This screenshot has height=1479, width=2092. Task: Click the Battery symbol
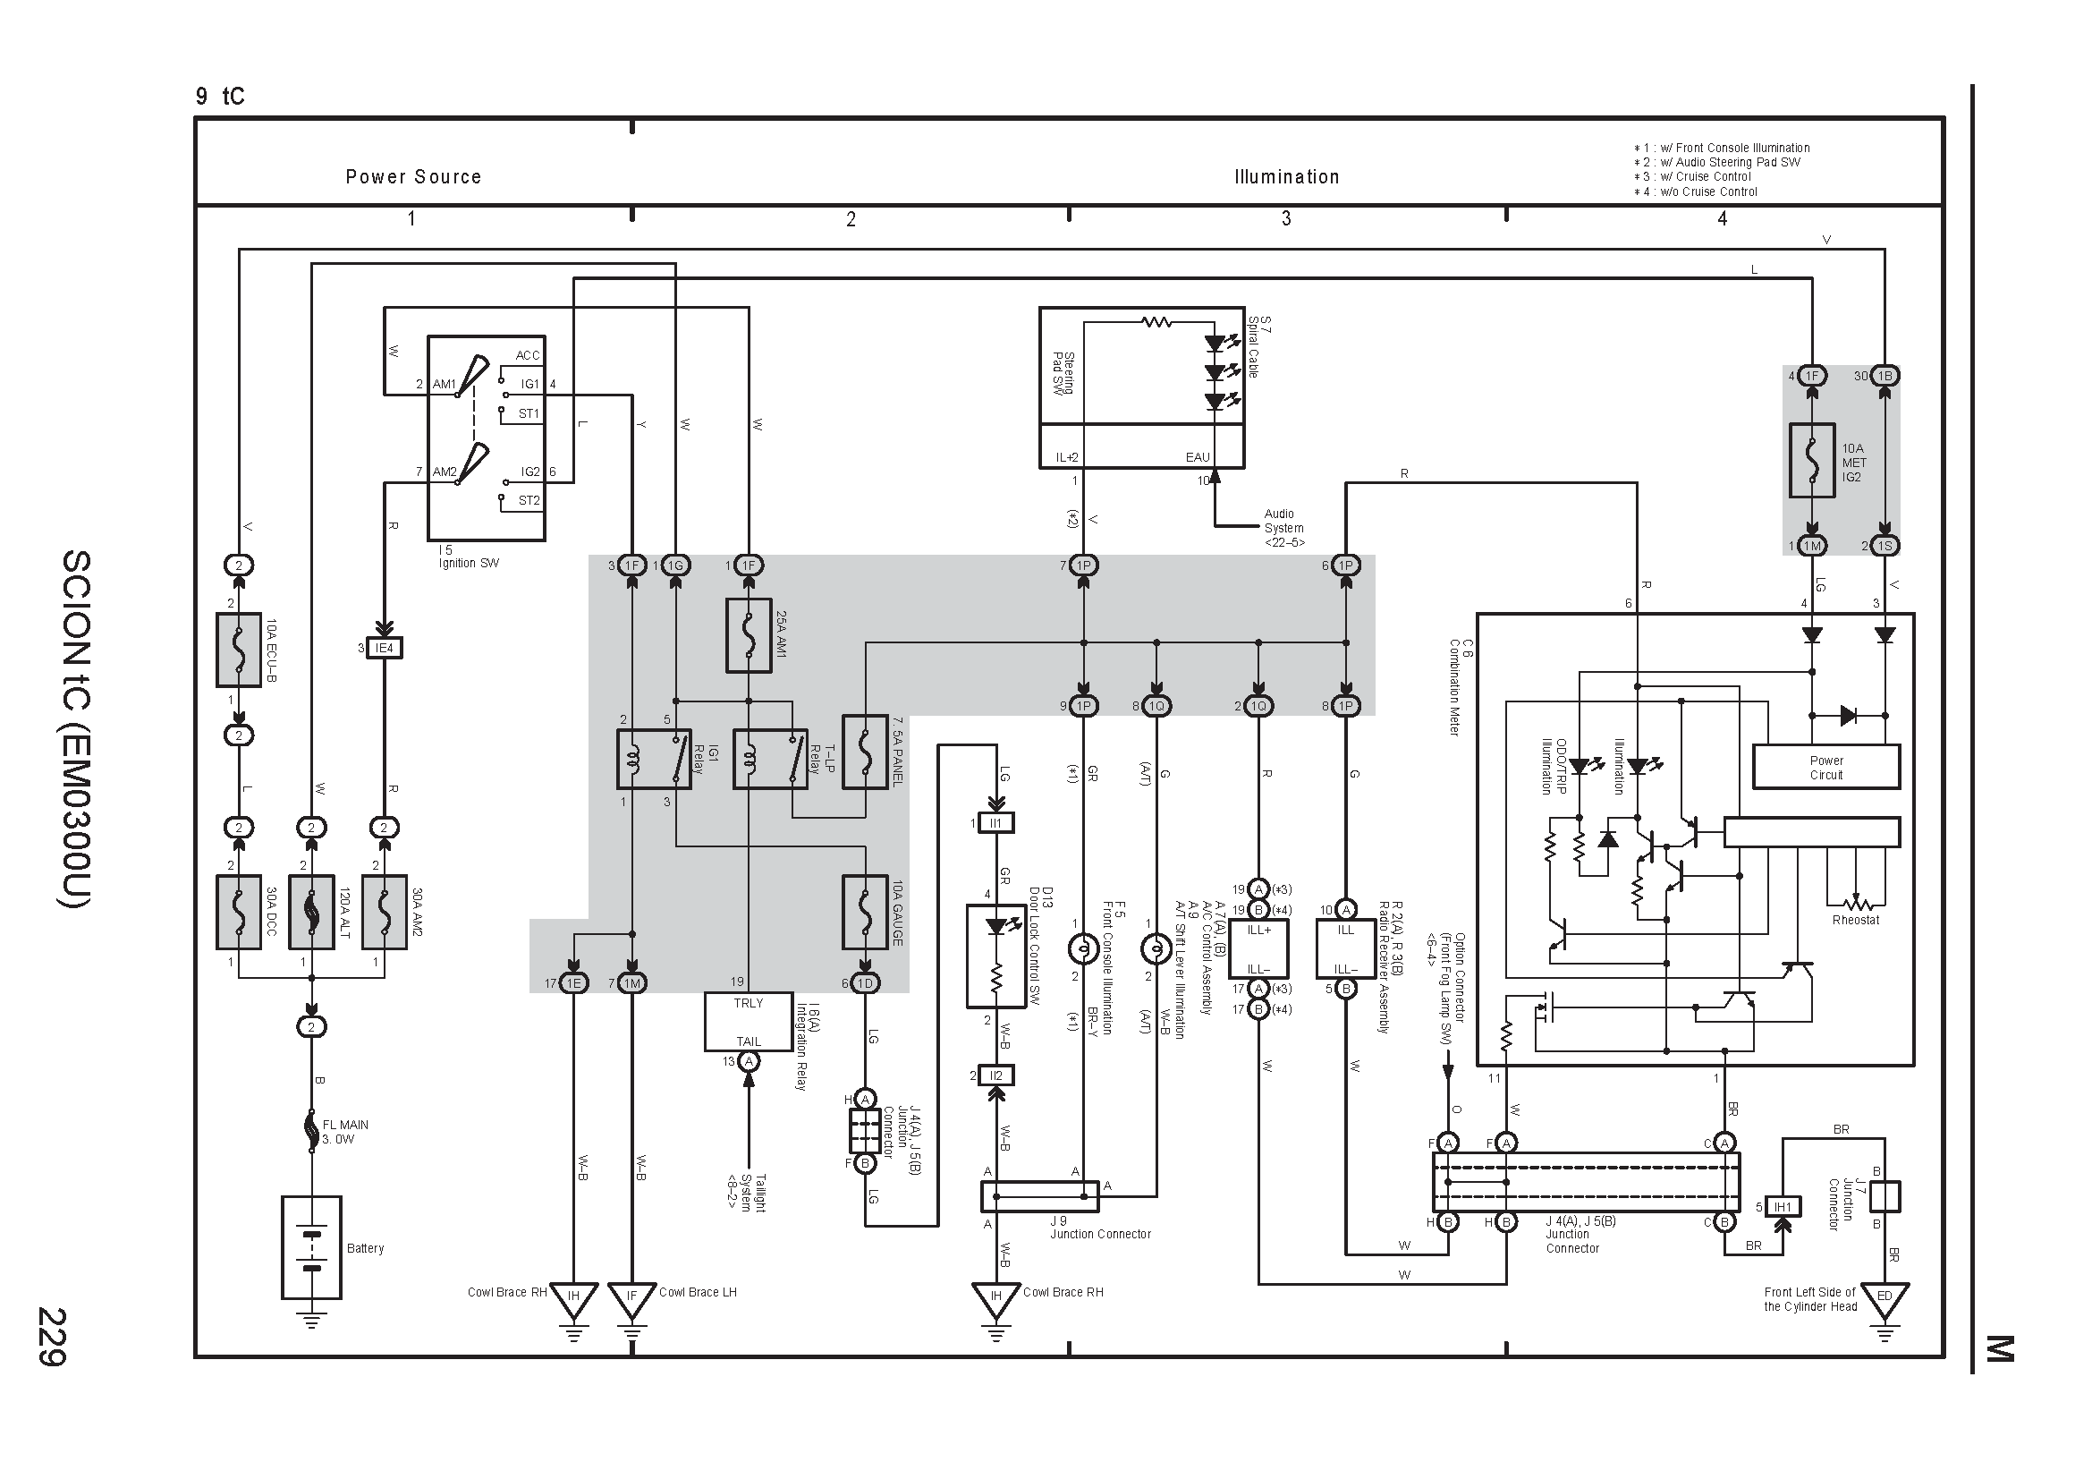tap(311, 1247)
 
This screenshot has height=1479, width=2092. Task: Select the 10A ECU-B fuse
tap(239, 650)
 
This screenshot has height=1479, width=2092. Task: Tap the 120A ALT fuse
tap(311, 913)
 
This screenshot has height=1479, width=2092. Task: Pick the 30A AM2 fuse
tap(384, 913)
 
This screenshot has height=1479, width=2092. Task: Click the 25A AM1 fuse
tap(748, 635)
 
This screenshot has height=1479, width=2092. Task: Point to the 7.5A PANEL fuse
tap(865, 752)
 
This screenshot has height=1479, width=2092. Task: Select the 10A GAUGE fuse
tap(865, 913)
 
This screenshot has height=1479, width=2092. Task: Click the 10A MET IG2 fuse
tap(1812, 460)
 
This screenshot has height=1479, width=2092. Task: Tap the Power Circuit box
tap(1826, 768)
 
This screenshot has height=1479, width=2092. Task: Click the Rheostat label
tap(1855, 920)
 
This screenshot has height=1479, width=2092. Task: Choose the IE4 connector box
tap(384, 648)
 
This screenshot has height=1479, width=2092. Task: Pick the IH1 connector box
tap(1783, 1207)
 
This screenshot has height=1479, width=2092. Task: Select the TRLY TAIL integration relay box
tap(748, 1022)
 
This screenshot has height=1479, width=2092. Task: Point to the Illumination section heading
tap(1286, 177)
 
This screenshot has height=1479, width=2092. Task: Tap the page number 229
tap(51, 1337)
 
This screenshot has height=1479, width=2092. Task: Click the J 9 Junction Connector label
tap(1100, 1228)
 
